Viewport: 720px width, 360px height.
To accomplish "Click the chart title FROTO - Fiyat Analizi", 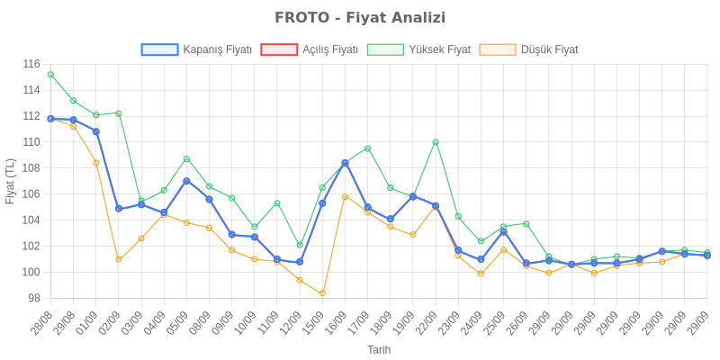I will (359, 18).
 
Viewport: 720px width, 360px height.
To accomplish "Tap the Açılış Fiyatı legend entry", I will (310, 49).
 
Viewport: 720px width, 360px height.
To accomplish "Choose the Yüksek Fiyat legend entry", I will (419, 49).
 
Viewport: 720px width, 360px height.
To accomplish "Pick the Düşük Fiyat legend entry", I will (529, 49).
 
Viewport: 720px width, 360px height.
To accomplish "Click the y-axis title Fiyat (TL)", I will (10, 181).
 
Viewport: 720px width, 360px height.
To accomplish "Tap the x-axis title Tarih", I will (378, 348).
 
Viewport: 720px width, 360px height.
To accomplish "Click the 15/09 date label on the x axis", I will (315, 326).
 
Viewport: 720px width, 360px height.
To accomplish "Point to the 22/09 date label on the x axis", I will (428, 326).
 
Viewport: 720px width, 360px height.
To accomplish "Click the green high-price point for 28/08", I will (50, 75).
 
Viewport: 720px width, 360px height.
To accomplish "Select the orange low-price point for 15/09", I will (322, 292).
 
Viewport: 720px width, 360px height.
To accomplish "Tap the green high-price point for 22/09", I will (436, 142).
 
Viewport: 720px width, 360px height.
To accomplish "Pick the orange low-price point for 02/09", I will (119, 259).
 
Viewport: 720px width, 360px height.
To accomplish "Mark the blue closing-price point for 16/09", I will (345, 163).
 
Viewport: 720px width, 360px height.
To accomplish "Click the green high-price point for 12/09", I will (300, 245).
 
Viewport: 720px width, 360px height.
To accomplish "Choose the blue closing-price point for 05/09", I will (186, 181).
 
